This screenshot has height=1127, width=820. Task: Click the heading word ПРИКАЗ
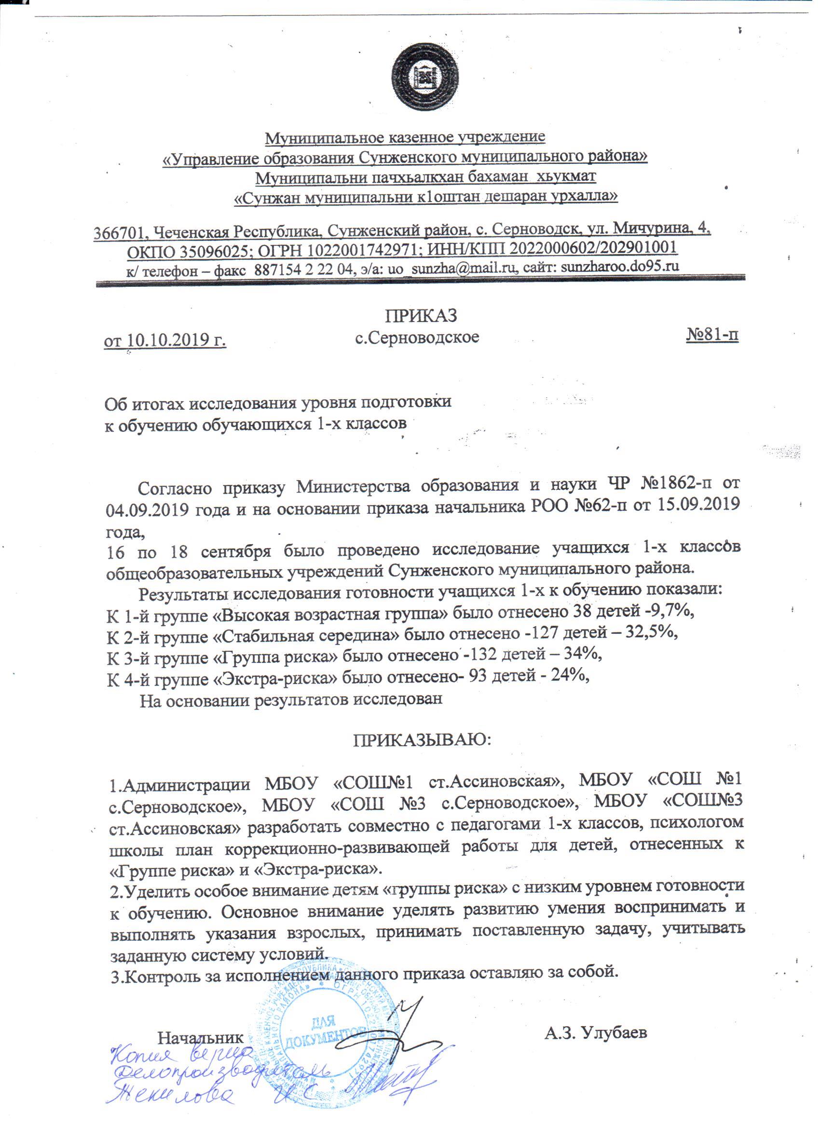click(x=421, y=315)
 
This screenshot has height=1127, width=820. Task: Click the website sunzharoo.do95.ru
click(x=620, y=267)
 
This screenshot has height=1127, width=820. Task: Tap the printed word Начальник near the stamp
click(x=200, y=1037)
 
